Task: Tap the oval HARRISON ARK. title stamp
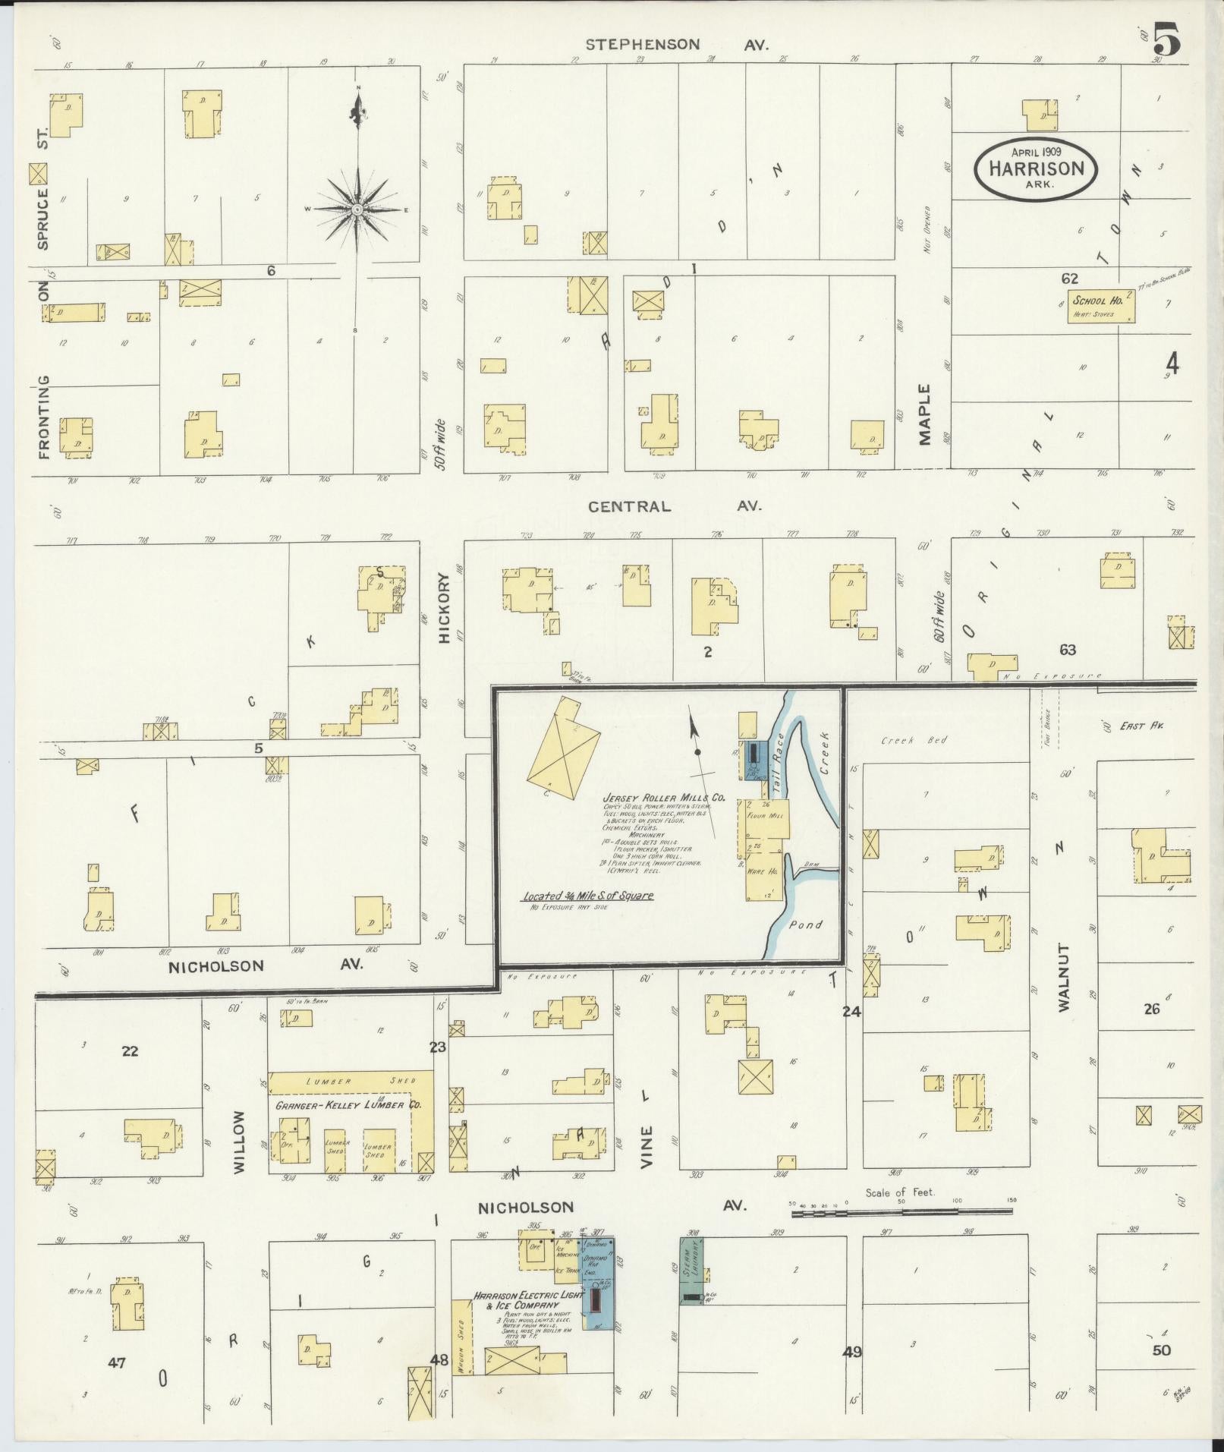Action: [x=1035, y=169]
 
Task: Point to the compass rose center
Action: [x=357, y=208]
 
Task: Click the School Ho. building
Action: [x=1101, y=306]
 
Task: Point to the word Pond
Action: [x=805, y=924]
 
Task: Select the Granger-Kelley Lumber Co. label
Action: [x=348, y=1105]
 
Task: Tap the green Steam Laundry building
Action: [x=691, y=1271]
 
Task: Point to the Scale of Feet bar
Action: [x=903, y=1214]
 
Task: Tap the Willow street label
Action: [x=240, y=1142]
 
